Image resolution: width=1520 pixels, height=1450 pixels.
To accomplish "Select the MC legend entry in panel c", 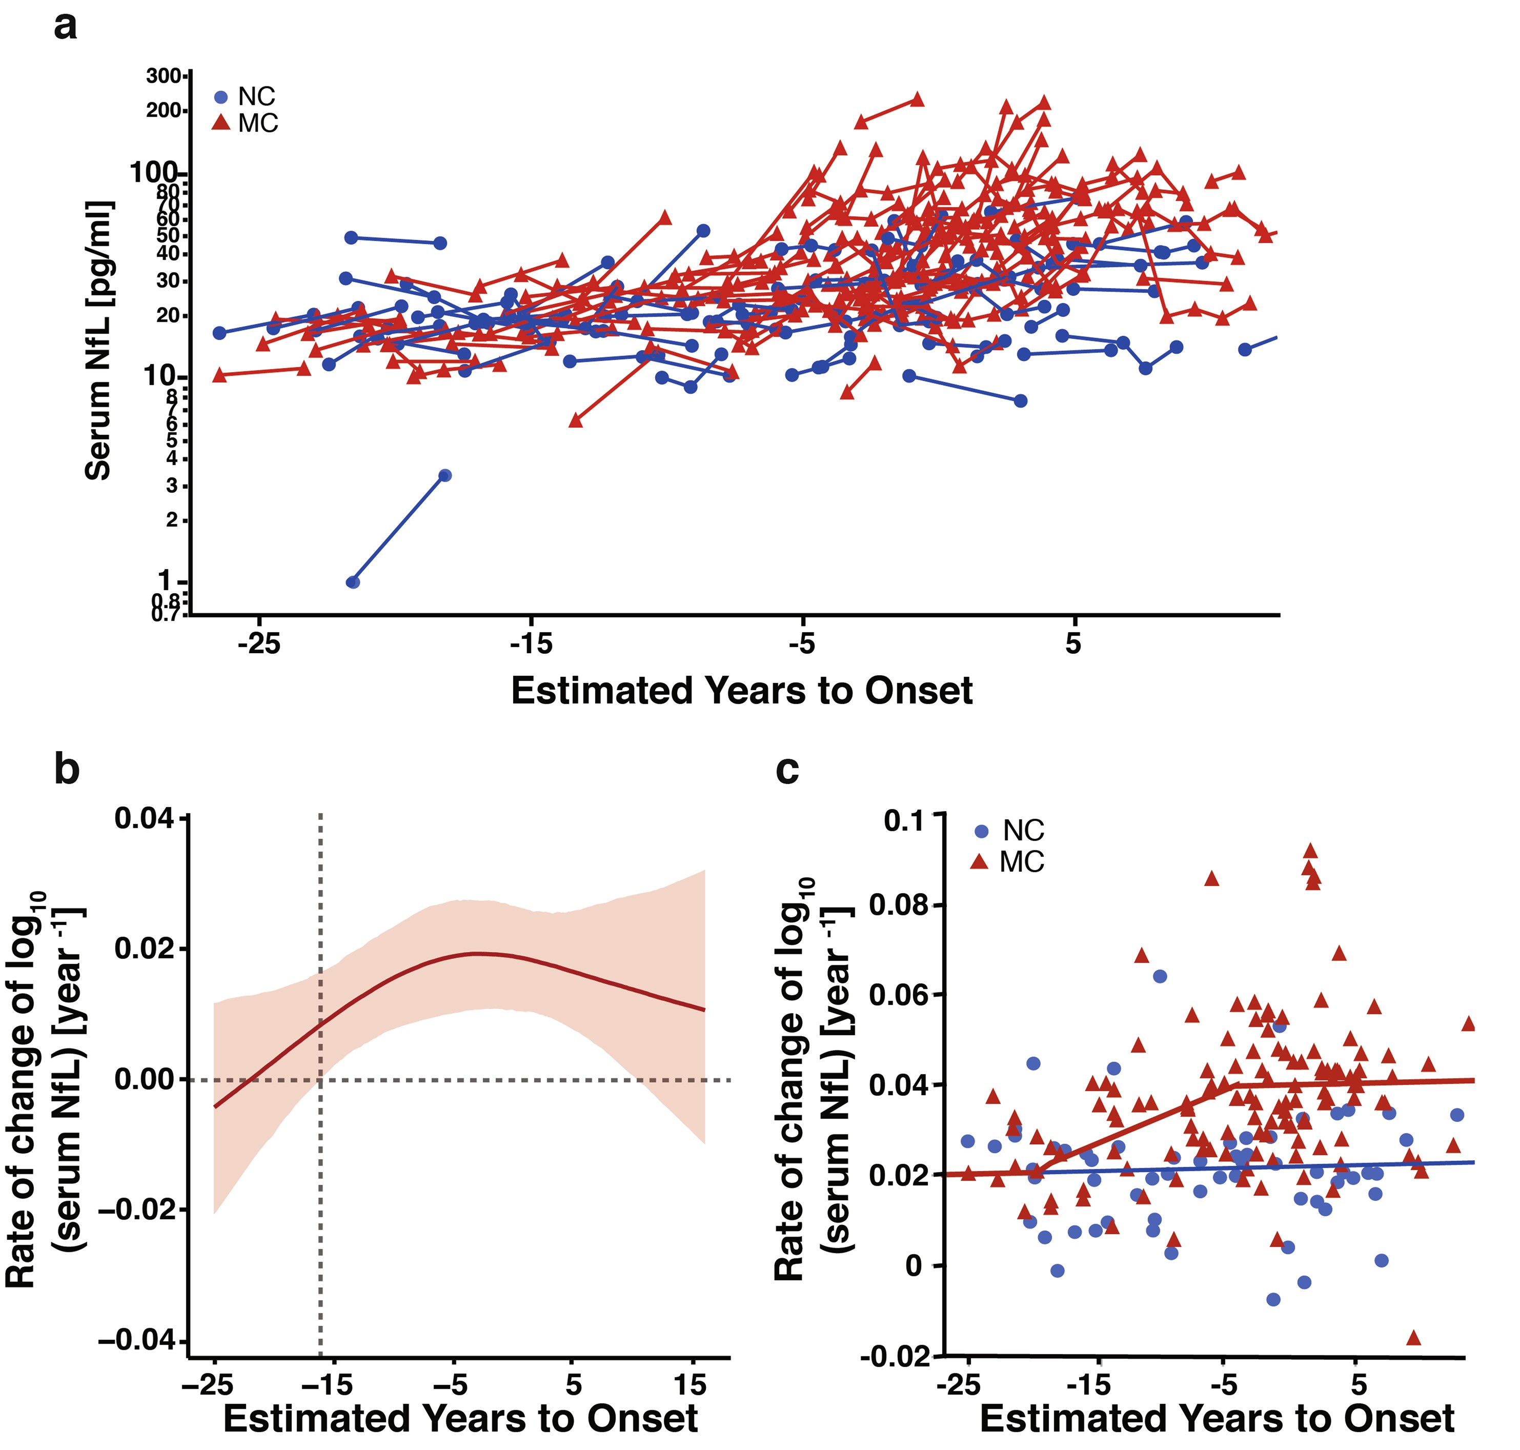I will (x=1008, y=862).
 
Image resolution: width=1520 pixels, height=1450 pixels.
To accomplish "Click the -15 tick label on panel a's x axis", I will (x=531, y=644).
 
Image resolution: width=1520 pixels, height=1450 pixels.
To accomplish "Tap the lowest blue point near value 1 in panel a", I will (x=352, y=582).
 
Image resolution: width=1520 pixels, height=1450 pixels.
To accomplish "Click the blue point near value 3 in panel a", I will (x=444, y=475).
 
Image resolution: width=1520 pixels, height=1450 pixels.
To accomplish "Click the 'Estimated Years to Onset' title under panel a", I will (x=741, y=690).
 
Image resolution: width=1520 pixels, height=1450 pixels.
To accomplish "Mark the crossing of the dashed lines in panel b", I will (x=320, y=1080).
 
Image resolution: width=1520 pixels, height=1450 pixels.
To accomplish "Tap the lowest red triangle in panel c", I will (x=1414, y=1338).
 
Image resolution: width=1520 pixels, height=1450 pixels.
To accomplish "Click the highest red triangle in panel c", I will (x=1310, y=850).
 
